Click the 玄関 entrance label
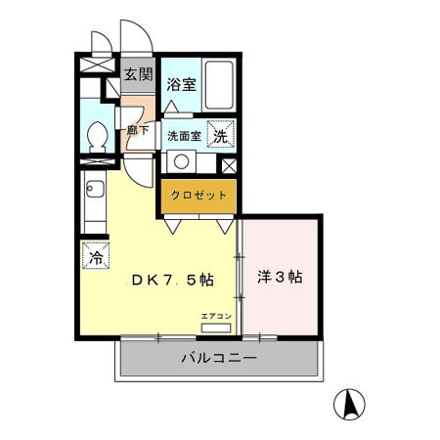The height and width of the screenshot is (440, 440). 138,74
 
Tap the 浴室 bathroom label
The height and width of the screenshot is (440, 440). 181,84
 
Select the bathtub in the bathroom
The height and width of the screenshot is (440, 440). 219,85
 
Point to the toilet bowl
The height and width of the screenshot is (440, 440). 98,134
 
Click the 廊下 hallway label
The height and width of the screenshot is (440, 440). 138,130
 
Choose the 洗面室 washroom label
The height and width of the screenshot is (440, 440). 184,136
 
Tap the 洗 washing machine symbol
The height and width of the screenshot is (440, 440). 221,134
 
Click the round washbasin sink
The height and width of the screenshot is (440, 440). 181,161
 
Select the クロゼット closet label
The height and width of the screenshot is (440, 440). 198,196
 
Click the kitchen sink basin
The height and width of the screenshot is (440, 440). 95,189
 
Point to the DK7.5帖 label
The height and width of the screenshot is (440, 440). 173,280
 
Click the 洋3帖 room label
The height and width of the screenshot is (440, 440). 280,277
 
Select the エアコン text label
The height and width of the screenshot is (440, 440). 216,316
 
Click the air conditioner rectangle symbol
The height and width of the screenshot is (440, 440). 216,328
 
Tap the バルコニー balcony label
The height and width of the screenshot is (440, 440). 219,358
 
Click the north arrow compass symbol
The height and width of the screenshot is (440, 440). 349,405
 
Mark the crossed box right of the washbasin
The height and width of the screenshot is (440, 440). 229,166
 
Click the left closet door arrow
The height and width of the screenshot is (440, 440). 172,226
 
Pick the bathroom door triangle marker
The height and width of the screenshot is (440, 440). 171,107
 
